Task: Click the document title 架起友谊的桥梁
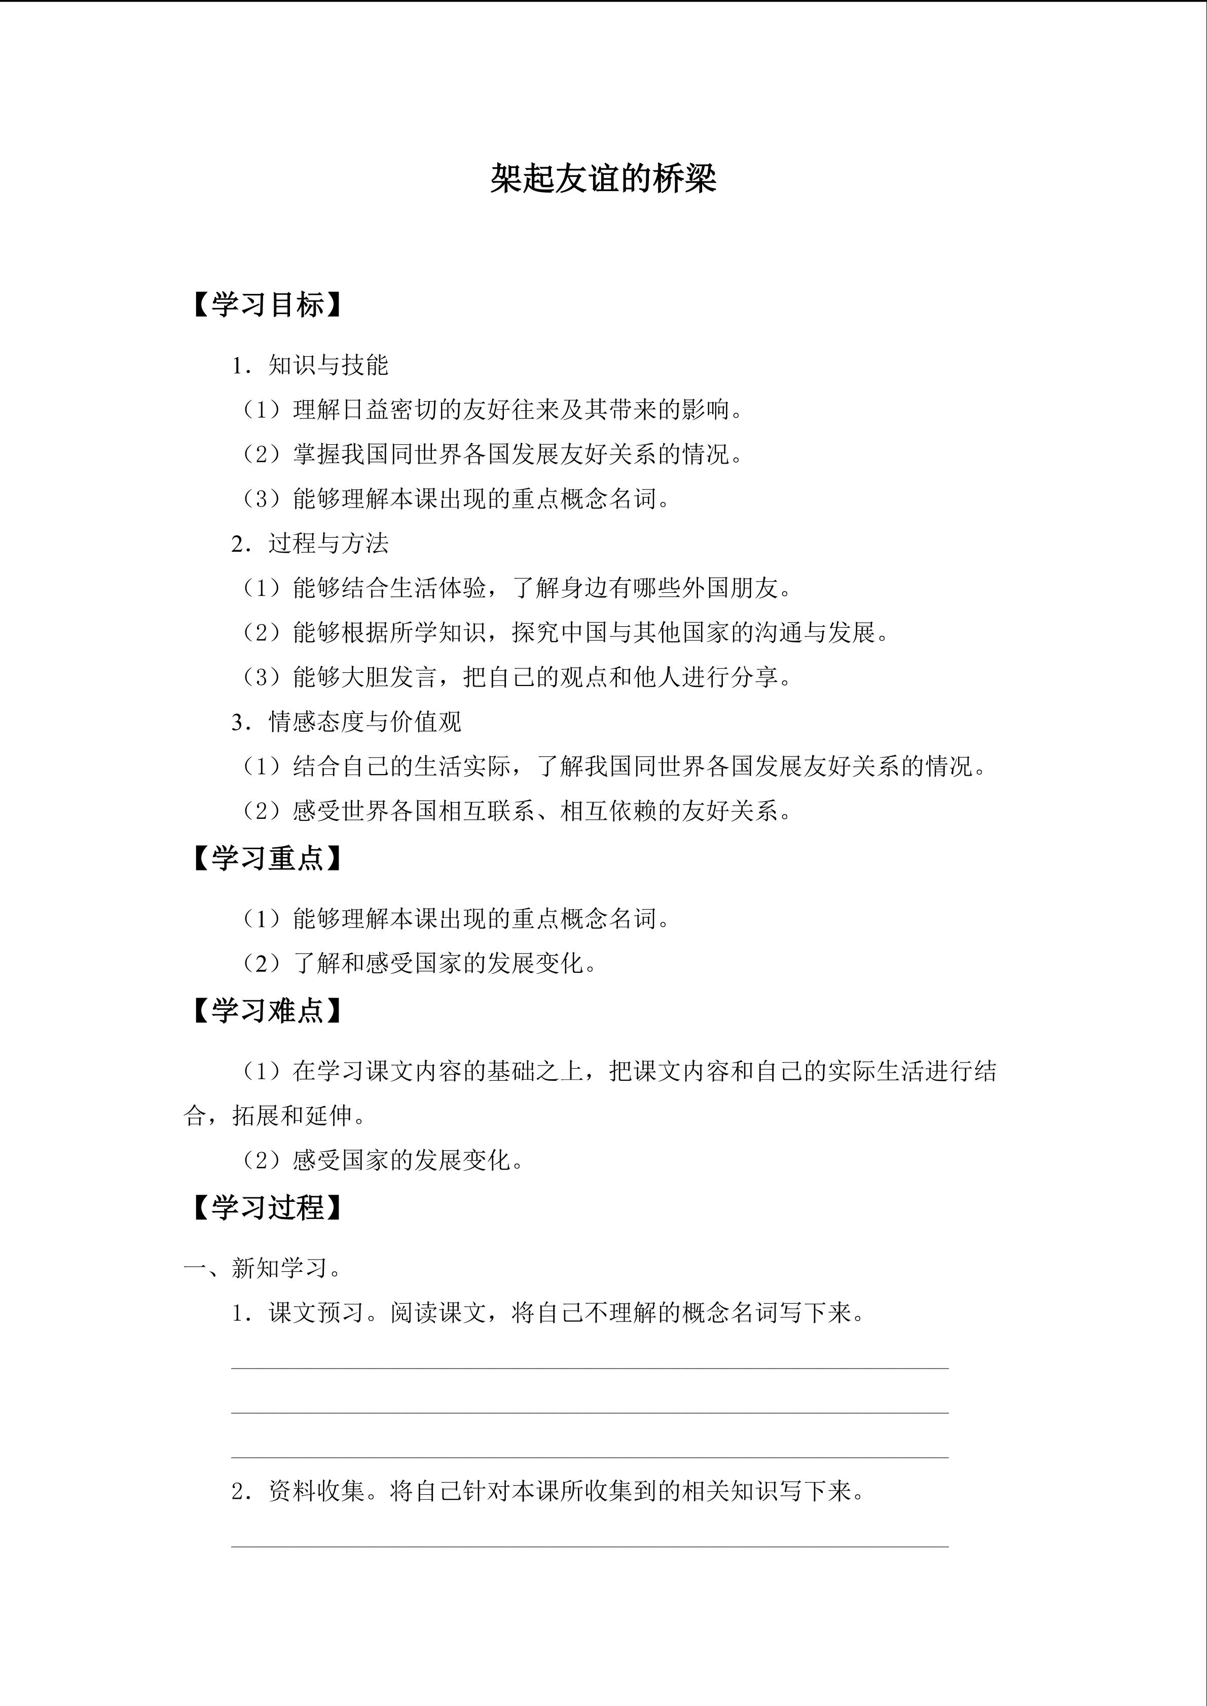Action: click(603, 179)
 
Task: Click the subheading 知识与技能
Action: click(328, 365)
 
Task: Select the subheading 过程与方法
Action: click(328, 543)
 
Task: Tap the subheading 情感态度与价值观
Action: click(364, 722)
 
